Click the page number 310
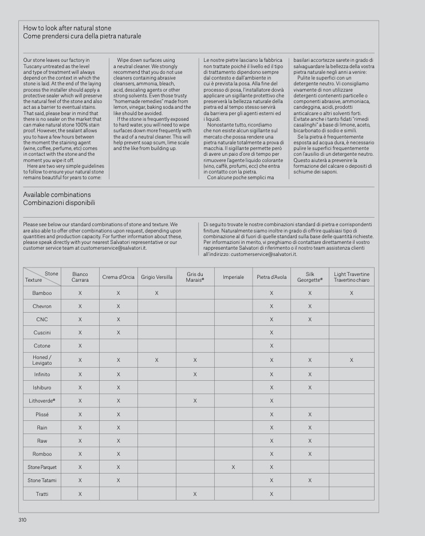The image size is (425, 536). (x=23, y=520)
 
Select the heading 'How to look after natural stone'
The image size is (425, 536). (x=67, y=28)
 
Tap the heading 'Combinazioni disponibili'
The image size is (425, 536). (x=59, y=203)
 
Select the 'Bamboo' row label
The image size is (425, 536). (x=42, y=293)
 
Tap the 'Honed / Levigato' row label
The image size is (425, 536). (x=42, y=360)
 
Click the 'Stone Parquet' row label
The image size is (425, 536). (x=42, y=467)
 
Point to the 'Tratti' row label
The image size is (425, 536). (x=42, y=494)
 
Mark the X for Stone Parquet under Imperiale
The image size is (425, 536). (x=233, y=467)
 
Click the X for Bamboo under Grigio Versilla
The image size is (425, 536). (x=156, y=293)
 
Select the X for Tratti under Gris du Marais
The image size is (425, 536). (x=195, y=494)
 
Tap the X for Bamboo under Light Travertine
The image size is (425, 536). (x=352, y=293)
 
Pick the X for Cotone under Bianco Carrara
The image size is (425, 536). (x=80, y=346)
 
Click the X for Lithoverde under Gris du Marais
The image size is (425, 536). (x=195, y=400)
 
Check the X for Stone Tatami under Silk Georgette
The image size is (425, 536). (x=310, y=480)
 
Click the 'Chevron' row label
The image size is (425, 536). (x=42, y=306)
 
